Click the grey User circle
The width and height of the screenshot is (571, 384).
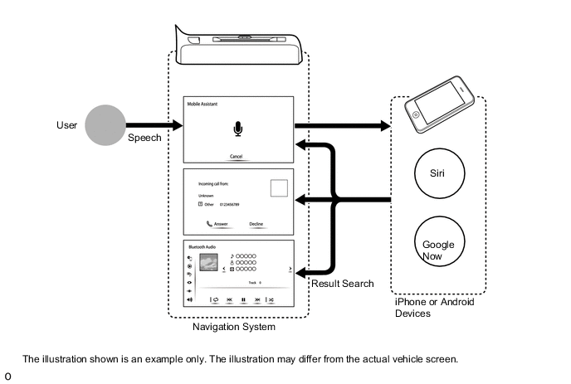[x=108, y=125]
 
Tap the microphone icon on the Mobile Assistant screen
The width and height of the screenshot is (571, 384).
[x=239, y=129]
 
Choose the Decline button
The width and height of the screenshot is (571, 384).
[x=256, y=223]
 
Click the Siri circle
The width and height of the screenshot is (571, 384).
[x=439, y=176]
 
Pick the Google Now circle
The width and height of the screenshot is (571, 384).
[x=439, y=245]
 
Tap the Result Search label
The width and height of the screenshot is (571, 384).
[x=342, y=284]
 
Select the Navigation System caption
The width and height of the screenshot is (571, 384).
[x=233, y=328]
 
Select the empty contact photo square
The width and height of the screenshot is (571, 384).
[x=280, y=187]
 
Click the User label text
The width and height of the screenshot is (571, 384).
[x=66, y=125]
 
